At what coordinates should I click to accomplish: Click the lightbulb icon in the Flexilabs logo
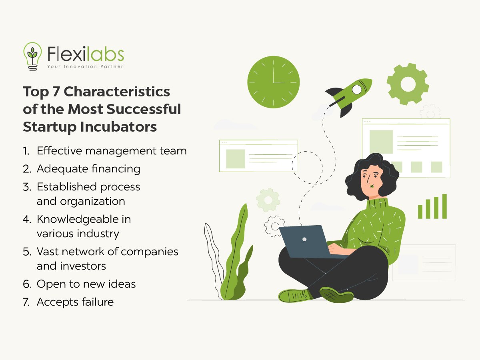click(x=32, y=56)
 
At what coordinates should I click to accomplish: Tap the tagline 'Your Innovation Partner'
click(x=85, y=66)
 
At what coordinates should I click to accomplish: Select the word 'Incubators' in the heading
click(x=118, y=127)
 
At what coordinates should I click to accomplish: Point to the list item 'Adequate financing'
click(x=88, y=169)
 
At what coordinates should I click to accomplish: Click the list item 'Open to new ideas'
click(x=86, y=284)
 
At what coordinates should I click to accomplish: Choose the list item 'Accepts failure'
click(x=75, y=302)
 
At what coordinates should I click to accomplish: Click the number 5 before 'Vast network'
click(x=27, y=252)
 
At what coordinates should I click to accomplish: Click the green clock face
click(x=273, y=82)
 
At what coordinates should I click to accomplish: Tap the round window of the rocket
click(x=357, y=89)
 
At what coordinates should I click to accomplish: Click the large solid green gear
click(x=408, y=84)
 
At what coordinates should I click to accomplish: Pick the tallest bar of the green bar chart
click(x=444, y=206)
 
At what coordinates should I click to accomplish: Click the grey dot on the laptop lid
click(x=304, y=239)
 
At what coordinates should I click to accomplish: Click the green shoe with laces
click(x=295, y=296)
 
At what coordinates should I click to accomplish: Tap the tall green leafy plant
click(x=236, y=254)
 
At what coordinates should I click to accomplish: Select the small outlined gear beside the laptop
click(x=274, y=226)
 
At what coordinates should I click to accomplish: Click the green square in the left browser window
click(x=236, y=159)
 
